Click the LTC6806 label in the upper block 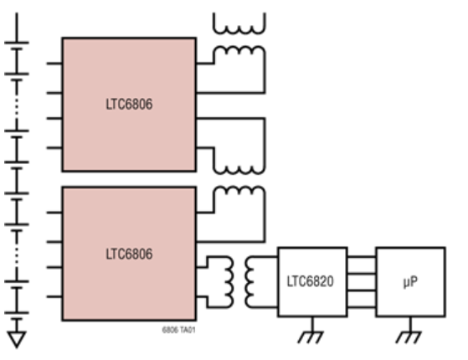tap(129, 104)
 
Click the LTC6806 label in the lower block tap(129, 254)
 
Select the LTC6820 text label tap(310, 281)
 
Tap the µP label tap(410, 282)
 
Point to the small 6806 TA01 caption tap(179, 330)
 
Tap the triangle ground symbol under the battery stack tap(17, 340)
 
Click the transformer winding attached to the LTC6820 tap(249, 282)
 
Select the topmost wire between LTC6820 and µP tap(362, 256)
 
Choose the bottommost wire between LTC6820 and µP tap(362, 307)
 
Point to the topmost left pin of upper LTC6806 tap(54, 64)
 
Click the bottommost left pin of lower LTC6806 tap(54, 296)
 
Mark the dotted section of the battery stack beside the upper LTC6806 tap(17, 106)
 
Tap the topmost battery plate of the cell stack tap(17, 43)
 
